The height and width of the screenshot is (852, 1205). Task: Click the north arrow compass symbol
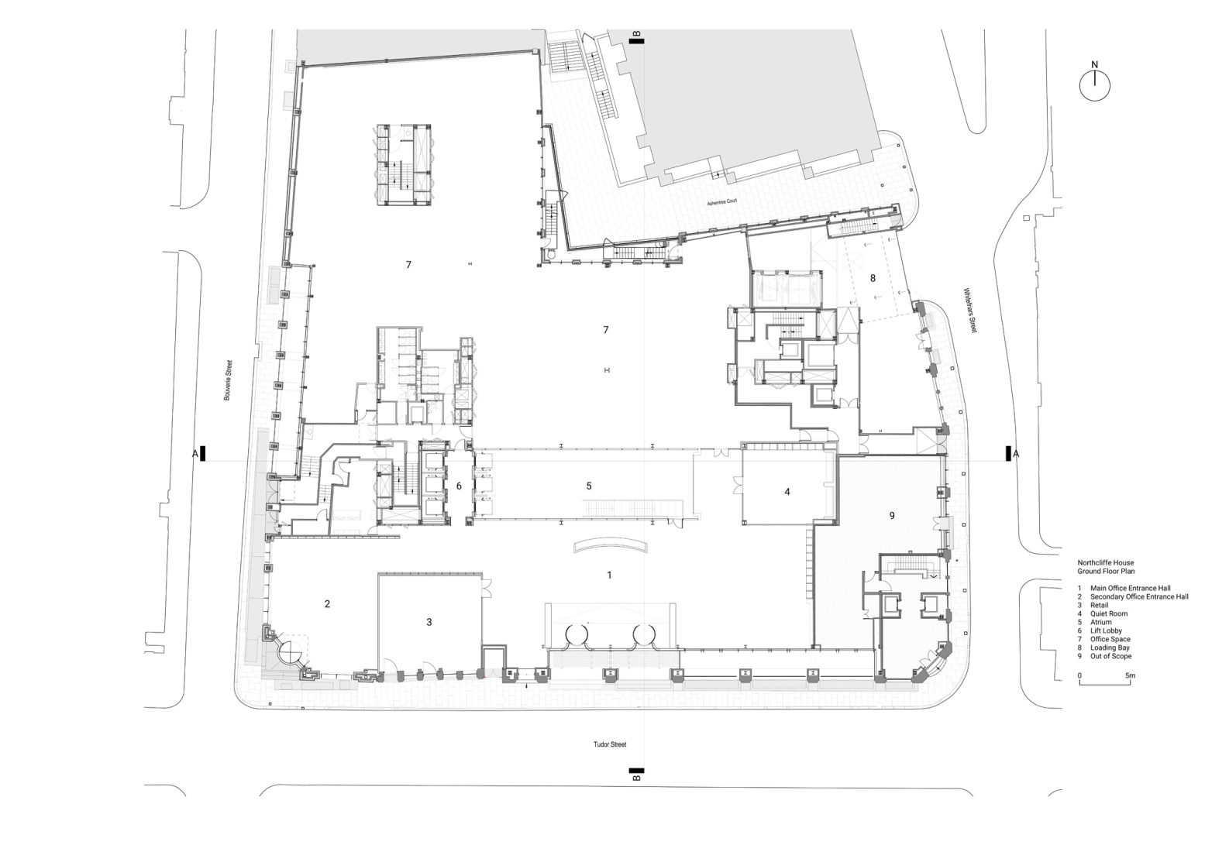point(1094,84)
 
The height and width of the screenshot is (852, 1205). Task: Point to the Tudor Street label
point(609,744)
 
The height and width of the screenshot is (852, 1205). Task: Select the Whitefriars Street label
point(969,311)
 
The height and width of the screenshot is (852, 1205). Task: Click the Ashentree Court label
point(721,202)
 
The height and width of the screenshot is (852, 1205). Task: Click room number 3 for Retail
point(429,622)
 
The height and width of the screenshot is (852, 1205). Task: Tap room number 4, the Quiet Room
point(787,491)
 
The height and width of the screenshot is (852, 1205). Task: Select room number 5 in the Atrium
point(589,486)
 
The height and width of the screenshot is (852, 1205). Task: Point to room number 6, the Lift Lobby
point(459,486)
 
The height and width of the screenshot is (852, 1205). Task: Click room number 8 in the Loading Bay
point(873,277)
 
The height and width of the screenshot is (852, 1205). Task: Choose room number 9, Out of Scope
point(892,515)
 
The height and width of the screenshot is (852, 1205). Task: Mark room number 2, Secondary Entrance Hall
point(327,603)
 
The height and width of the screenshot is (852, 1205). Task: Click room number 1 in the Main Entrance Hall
point(609,575)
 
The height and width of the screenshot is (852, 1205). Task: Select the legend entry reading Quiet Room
point(1108,613)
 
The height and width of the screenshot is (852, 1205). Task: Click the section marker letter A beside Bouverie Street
point(195,453)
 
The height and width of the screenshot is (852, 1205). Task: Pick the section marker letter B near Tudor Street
point(636,778)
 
